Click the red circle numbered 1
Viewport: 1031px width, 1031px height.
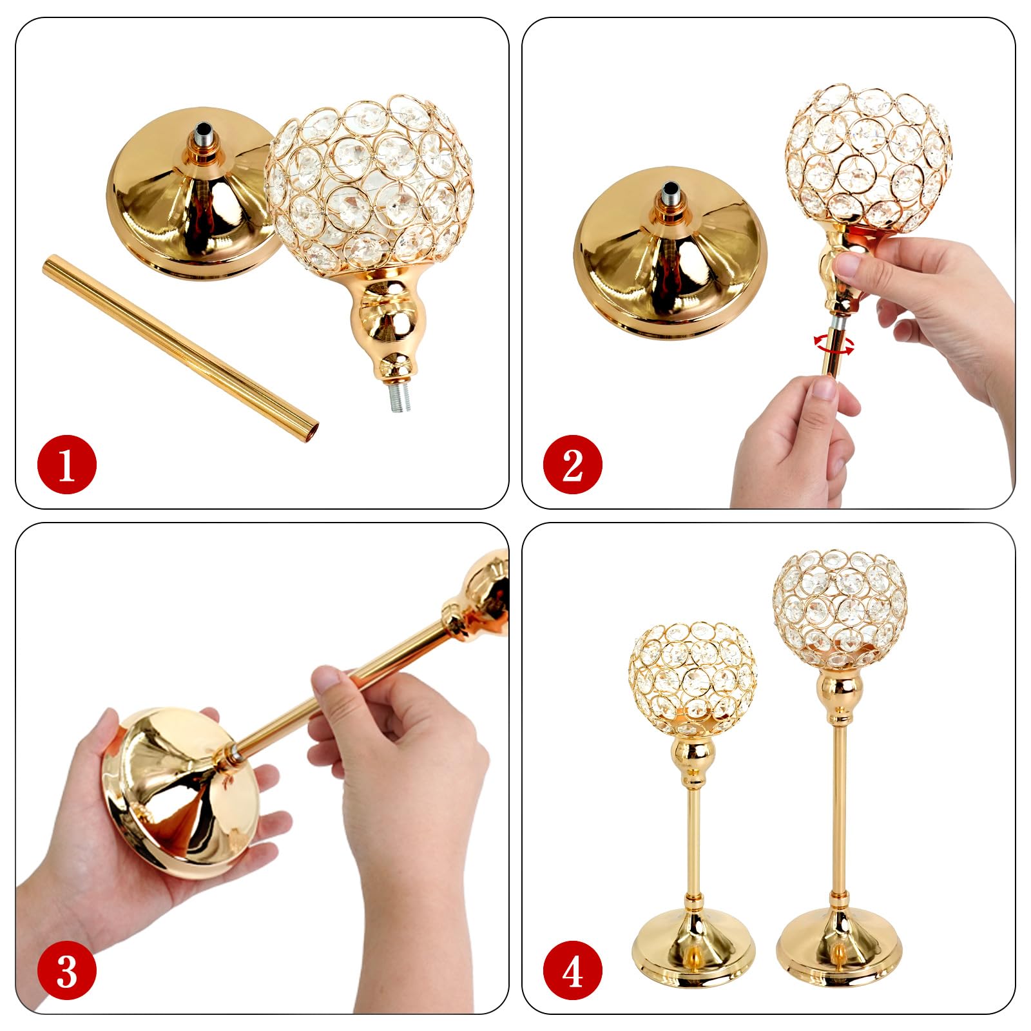click(67, 465)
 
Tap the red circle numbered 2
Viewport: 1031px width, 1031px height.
click(573, 465)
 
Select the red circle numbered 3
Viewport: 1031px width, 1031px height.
click(67, 971)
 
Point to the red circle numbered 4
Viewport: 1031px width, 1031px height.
click(573, 971)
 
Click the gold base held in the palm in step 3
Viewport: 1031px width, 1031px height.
click(180, 793)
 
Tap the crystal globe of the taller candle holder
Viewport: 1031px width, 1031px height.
click(840, 608)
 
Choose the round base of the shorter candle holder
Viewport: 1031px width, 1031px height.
click(694, 947)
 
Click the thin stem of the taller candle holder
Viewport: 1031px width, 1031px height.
click(839, 805)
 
